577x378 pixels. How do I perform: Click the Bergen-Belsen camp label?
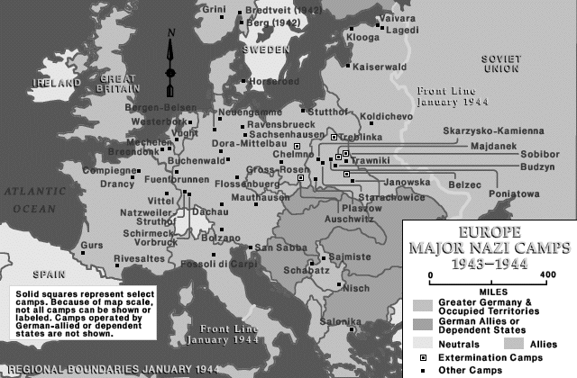161,106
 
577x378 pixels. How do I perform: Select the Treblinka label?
361,136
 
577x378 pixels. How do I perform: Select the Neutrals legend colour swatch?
424,342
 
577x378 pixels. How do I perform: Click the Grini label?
214,10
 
